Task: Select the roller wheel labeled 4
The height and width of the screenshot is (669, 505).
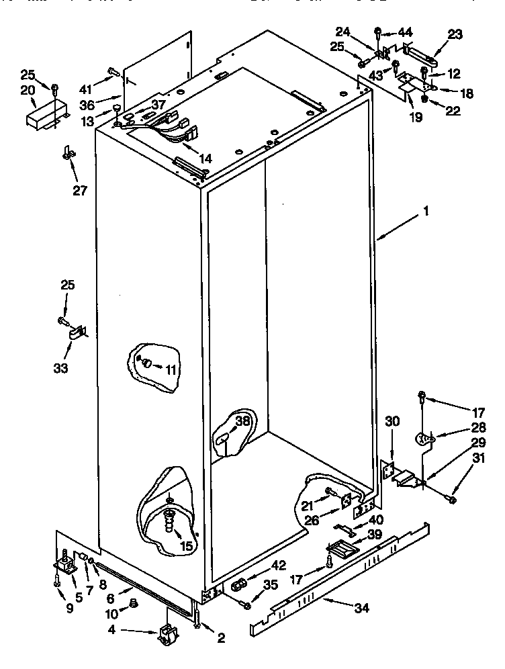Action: pos(169,634)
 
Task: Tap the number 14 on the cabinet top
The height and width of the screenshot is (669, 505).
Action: pos(205,159)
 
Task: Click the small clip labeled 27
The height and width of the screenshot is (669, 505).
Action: pos(67,154)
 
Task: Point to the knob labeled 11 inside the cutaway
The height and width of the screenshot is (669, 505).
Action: pos(144,363)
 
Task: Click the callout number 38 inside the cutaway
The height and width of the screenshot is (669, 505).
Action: pos(242,422)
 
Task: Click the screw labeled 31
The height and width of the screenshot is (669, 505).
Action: pos(451,499)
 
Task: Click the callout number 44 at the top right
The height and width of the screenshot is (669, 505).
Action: pos(406,32)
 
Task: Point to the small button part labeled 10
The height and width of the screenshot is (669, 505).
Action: pos(132,603)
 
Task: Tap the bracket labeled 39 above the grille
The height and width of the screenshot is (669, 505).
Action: pos(338,549)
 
